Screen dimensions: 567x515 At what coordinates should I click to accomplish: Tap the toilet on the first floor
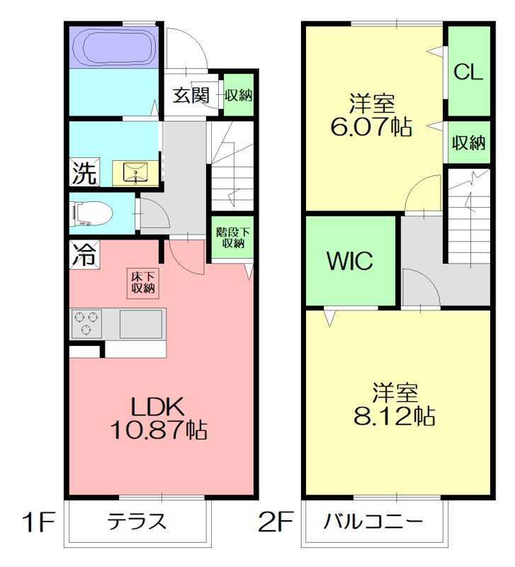[x=89, y=213]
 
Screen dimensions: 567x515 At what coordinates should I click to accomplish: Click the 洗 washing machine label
[x=84, y=174]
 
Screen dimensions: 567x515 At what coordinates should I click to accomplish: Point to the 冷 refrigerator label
[x=84, y=254]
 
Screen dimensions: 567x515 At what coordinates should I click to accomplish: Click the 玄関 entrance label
[x=191, y=95]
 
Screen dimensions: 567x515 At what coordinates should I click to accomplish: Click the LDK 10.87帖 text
[x=157, y=418]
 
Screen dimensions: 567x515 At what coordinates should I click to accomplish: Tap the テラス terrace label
[x=137, y=522]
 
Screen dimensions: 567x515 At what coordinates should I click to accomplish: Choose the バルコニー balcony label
[x=373, y=523]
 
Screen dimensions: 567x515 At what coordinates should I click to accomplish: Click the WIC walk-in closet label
[x=349, y=260]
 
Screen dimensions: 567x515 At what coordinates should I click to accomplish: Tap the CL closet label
[x=468, y=72]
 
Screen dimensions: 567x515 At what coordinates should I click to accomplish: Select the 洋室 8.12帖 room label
[x=395, y=404]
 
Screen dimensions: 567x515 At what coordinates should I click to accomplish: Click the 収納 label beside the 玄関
[x=239, y=95]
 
